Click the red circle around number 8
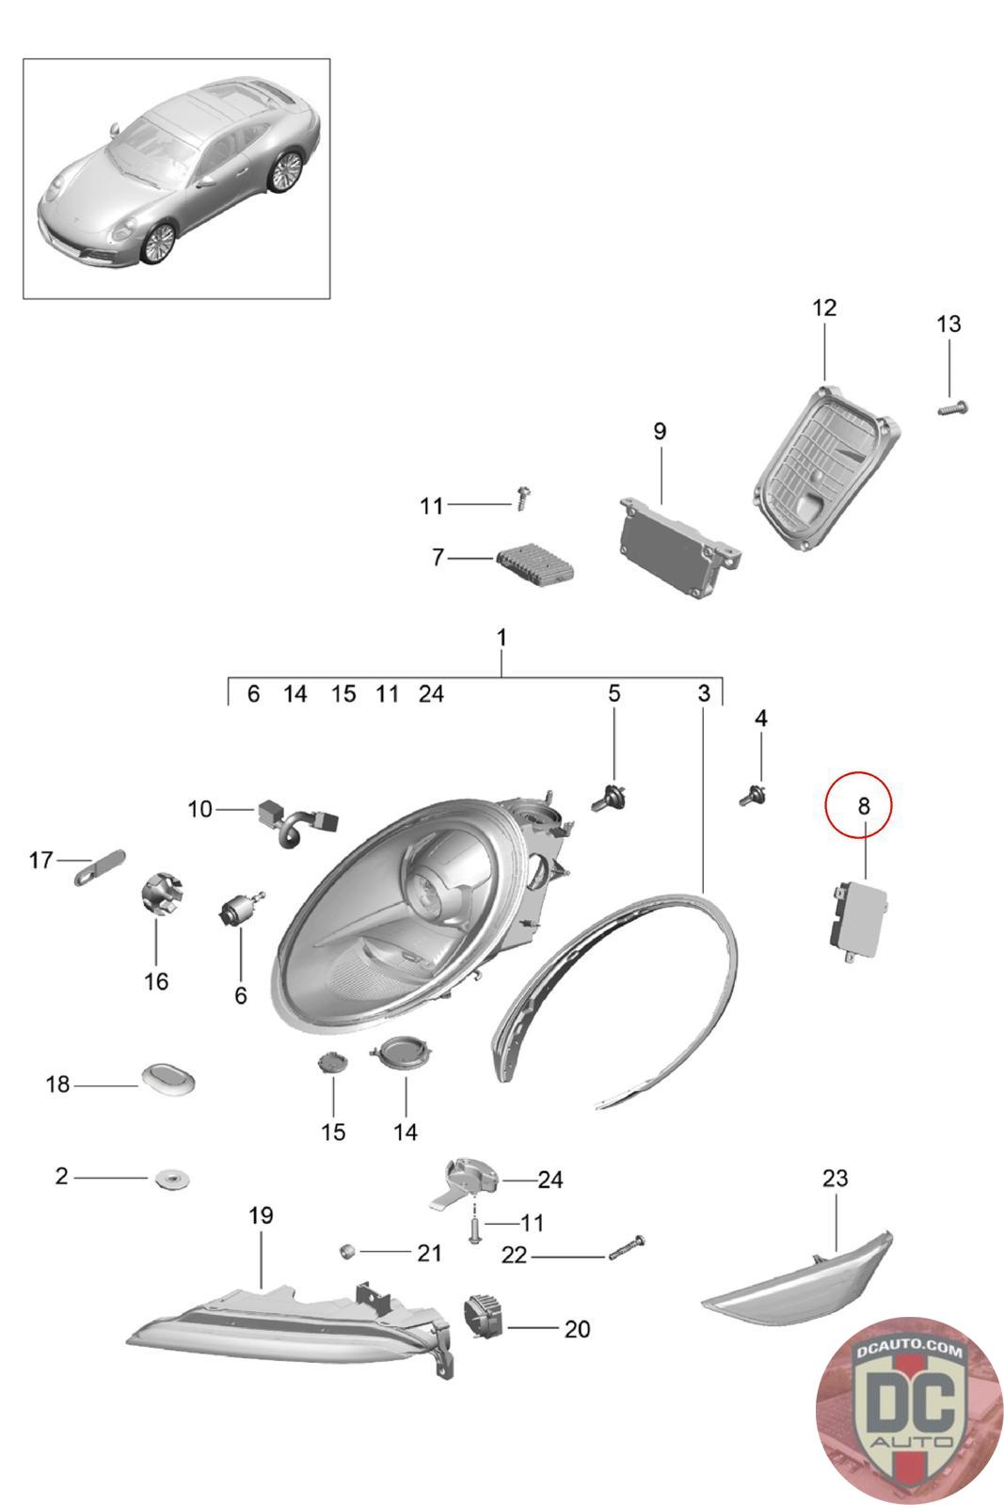click(x=858, y=805)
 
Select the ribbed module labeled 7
click(x=535, y=566)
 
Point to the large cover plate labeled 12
click(x=826, y=467)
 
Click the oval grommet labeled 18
click(x=167, y=1078)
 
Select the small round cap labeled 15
click(x=333, y=1063)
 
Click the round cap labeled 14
click(x=401, y=1052)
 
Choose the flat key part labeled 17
click(x=100, y=866)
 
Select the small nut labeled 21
click(x=346, y=1251)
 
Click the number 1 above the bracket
click(x=502, y=638)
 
